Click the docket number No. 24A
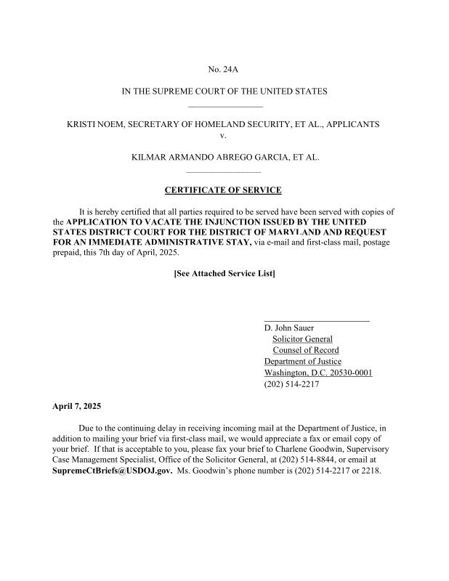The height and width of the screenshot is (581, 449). tap(223, 70)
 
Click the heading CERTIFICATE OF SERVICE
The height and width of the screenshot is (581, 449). tap(223, 190)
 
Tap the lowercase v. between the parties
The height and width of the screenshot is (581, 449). tap(223, 135)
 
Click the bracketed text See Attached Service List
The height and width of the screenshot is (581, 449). tap(224, 274)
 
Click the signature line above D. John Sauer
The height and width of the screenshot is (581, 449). tap(317, 320)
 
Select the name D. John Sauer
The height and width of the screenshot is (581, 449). tap(289, 328)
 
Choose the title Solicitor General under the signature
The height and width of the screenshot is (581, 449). tap(302, 339)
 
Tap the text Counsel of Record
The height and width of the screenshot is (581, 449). tap(305, 350)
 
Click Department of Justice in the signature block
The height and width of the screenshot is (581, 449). tap(302, 362)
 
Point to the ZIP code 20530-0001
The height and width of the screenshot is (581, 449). tap(348, 373)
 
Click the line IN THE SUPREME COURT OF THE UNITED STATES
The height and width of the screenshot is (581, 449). tap(224, 92)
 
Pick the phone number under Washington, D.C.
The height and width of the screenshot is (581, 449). tap(291, 384)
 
